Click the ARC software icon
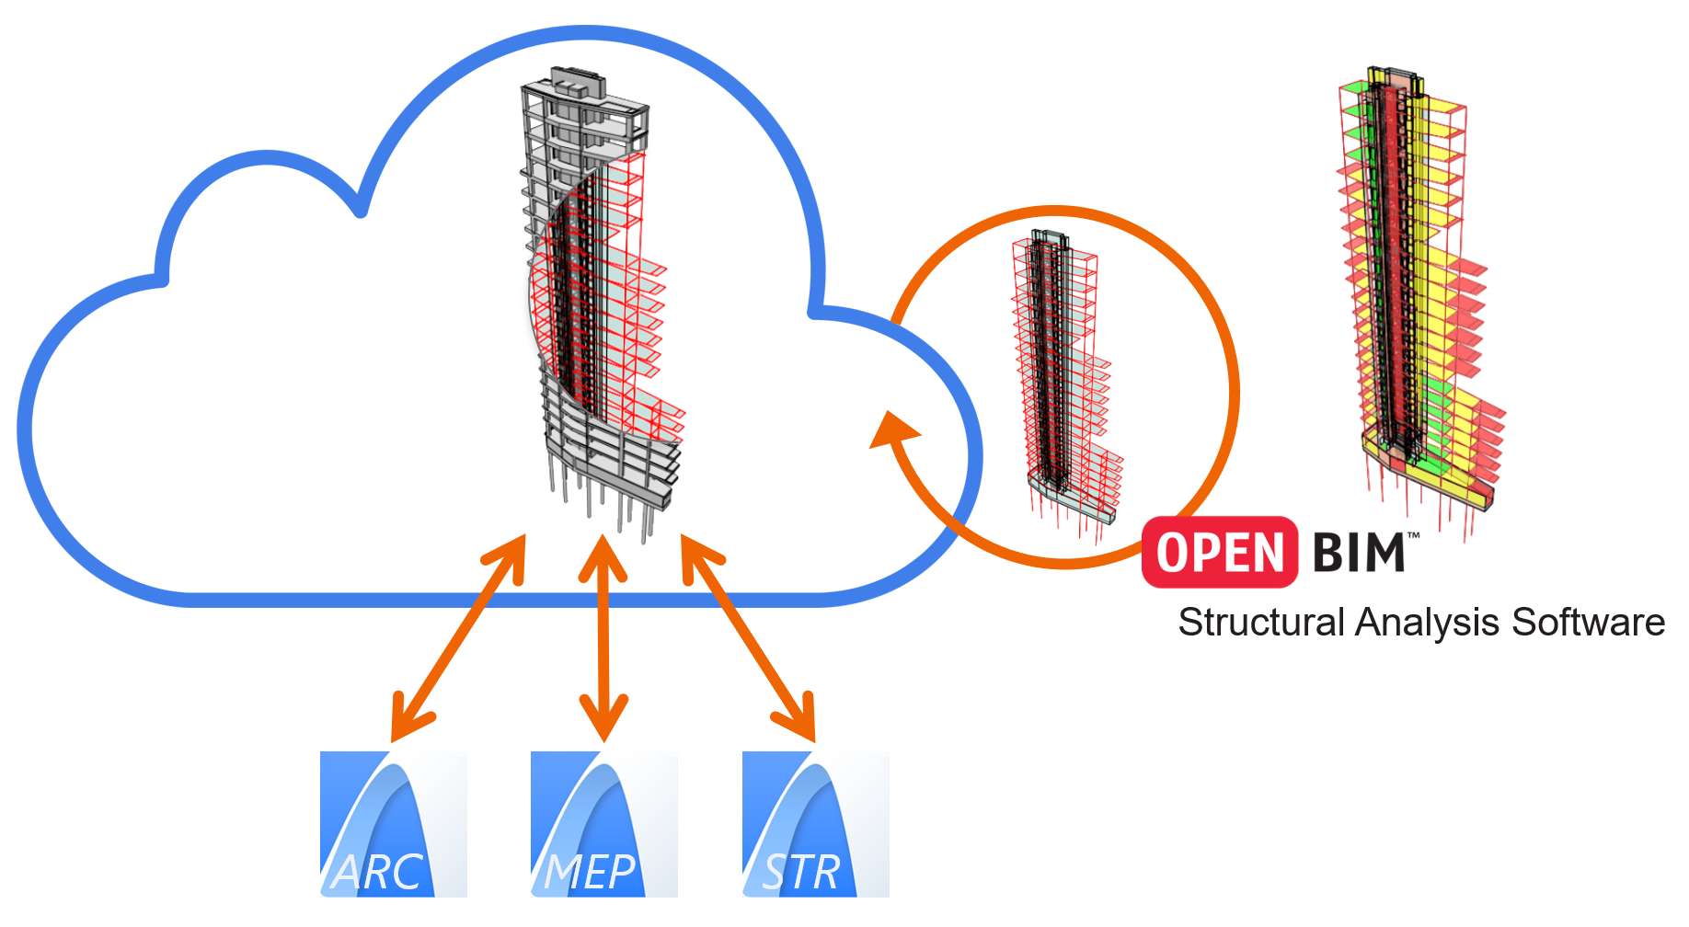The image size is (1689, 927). pos(393,823)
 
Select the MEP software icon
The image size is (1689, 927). pos(603,823)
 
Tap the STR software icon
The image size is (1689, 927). pos(815,823)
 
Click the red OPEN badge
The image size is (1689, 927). pos(1219,552)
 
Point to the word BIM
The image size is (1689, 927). pos(1358,553)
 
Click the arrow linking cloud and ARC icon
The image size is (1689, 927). pos(458,637)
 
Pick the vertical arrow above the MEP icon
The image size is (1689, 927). pos(603,637)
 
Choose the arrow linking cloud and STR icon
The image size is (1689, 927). pos(748,637)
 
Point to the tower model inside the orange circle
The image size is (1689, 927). pos(1063,377)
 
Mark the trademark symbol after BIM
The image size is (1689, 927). pos(1414,535)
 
